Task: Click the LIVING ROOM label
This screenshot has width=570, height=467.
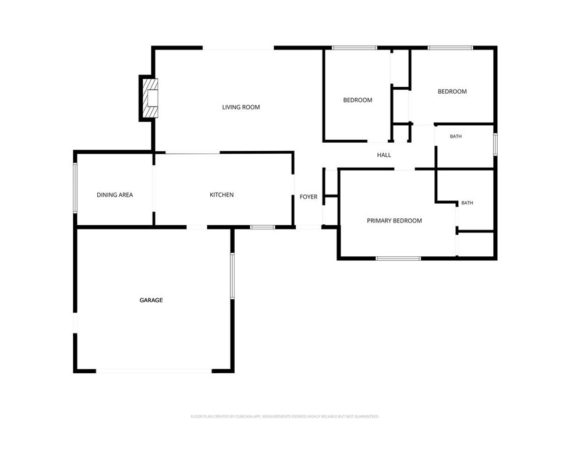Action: [x=241, y=107]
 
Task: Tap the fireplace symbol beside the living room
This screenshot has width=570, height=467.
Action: [x=150, y=98]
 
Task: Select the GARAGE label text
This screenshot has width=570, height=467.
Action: [x=151, y=300]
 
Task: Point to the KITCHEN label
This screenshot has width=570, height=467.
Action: [x=222, y=195]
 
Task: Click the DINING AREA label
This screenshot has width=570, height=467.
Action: [x=115, y=195]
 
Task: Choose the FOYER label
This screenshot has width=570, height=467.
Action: [x=309, y=197]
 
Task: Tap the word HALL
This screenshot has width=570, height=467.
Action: [x=384, y=155]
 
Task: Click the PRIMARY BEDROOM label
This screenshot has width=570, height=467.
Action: [x=394, y=221]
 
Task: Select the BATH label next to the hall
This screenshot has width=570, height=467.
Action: [x=456, y=136]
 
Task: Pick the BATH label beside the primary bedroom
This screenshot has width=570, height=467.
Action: [x=467, y=203]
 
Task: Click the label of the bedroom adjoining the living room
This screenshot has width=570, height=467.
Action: [x=357, y=100]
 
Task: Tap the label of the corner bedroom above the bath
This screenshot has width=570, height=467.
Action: [x=452, y=91]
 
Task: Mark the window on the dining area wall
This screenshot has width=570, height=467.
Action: [x=75, y=188]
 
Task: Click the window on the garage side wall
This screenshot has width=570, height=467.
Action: [x=232, y=276]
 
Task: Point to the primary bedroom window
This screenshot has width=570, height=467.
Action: [x=398, y=259]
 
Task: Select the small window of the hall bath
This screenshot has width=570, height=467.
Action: [x=495, y=144]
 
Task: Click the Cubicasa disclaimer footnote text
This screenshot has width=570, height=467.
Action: [x=285, y=416]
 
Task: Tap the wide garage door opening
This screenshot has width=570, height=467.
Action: [x=154, y=371]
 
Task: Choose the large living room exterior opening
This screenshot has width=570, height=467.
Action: [x=238, y=48]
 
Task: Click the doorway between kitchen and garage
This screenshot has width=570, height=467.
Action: [x=197, y=227]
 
